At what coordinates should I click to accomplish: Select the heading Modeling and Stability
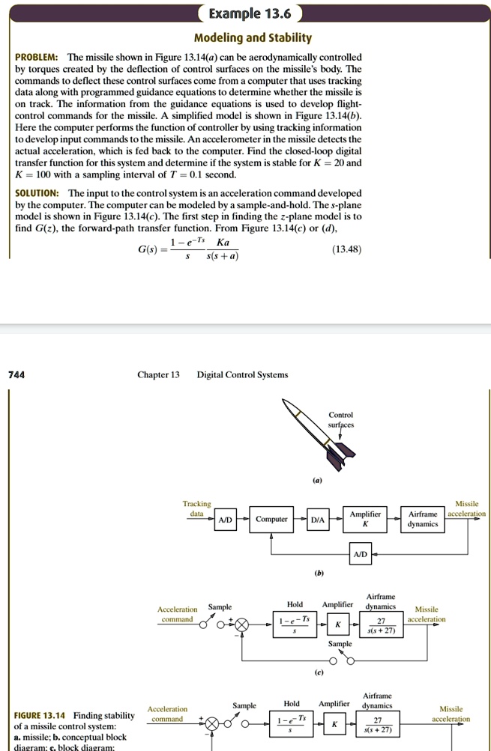click(x=253, y=38)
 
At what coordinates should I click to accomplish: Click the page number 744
click(x=16, y=374)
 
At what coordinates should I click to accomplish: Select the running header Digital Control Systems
click(x=242, y=374)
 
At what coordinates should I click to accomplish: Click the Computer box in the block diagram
click(x=271, y=519)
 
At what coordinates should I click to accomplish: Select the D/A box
click(x=318, y=519)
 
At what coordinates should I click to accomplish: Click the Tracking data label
click(x=197, y=509)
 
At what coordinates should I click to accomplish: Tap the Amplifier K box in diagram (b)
click(x=365, y=519)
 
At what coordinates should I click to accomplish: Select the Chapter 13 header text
click(x=158, y=374)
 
